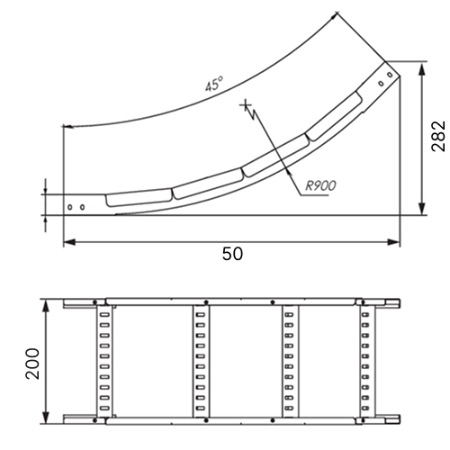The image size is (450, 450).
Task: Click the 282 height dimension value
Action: [x=438, y=136]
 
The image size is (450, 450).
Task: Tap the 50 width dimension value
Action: [x=232, y=254]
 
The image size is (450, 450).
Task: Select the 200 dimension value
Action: [x=32, y=364]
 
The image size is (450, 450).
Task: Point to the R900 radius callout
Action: [x=320, y=185]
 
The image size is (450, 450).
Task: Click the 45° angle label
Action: [x=214, y=84]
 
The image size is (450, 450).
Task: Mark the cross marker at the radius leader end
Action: [x=246, y=105]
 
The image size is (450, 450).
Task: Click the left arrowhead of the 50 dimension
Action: [x=69, y=242]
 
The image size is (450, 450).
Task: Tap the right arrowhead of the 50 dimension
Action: [x=393, y=242]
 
